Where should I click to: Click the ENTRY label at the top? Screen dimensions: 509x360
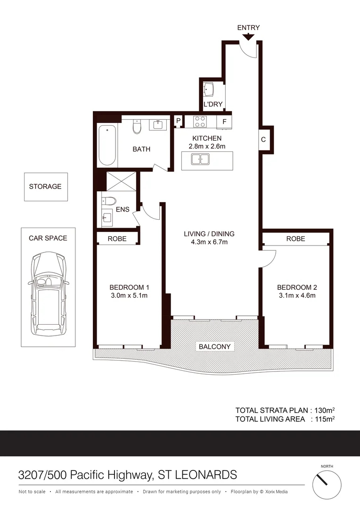pos(248,28)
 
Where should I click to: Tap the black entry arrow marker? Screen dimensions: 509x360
pos(248,36)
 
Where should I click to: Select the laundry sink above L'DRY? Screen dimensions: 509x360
pos(209,89)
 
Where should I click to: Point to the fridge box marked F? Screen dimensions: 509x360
pos(224,122)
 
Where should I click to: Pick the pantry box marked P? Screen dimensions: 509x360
pos(179,121)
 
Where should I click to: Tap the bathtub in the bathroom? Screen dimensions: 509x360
pos(107,145)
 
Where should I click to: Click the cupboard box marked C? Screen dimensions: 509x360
pos(263,140)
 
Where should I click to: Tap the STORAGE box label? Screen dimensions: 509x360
pos(45,187)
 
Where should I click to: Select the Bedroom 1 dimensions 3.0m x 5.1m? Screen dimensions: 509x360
pos(129,296)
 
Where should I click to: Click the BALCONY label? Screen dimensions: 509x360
pos(215,346)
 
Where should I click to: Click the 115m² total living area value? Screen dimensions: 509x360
pos(325,419)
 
